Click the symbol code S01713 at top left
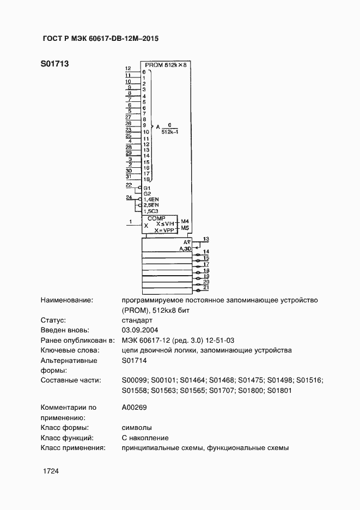coord(54,64)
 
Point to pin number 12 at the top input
coord(128,69)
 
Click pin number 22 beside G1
coord(129,185)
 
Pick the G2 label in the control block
coord(147,193)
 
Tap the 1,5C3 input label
coord(151,211)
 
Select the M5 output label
coord(185,228)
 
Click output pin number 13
coord(205,239)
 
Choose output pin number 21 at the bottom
coord(205,287)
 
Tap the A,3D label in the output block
coord(185,249)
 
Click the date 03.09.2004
coord(140,330)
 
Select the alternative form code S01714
coord(135,360)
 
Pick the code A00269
coord(135,407)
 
